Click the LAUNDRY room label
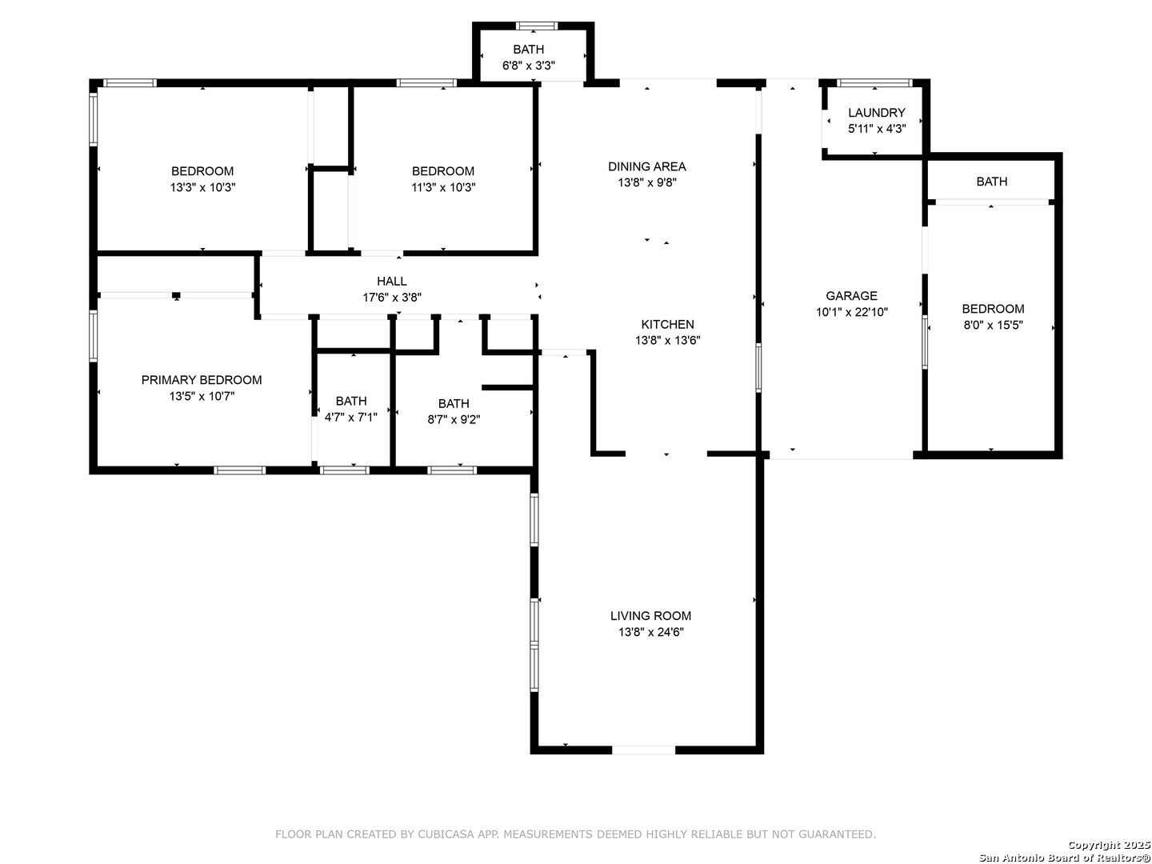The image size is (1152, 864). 876,113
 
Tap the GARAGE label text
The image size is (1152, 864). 851,296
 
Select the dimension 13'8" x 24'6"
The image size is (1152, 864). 650,632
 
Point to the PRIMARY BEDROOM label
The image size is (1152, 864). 202,380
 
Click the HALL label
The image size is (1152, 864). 391,281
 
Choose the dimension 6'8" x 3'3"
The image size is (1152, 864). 529,66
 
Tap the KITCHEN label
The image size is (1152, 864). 667,324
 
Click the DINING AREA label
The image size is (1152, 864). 646,166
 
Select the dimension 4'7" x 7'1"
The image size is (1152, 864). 350,418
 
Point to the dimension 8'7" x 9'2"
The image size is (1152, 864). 454,420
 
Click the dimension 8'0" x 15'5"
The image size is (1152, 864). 993,326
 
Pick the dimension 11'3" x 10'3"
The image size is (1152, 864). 443,187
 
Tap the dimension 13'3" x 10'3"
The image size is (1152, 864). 202,187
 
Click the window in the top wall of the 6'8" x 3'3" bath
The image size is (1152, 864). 536,26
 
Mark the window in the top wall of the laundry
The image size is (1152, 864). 874,83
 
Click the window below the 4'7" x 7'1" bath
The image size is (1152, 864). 344,470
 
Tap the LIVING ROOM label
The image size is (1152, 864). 650,616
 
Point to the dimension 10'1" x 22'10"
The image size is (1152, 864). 851,312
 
